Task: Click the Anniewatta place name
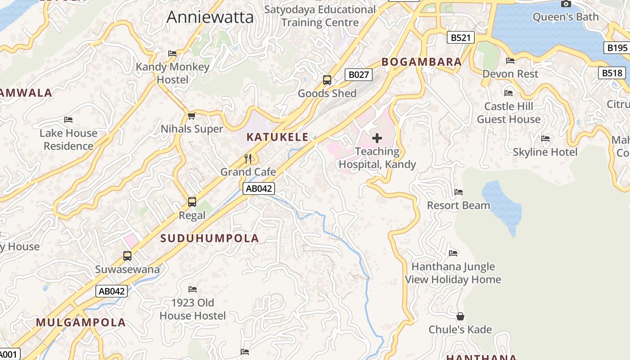point(210,17)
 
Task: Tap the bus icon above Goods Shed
point(327,80)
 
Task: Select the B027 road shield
point(359,75)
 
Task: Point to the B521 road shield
point(461,37)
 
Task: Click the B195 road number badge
point(616,48)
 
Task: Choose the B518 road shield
point(612,73)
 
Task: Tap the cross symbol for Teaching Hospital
point(377,138)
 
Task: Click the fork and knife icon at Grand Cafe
point(248,158)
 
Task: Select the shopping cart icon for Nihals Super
point(192,116)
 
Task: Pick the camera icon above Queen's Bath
point(566,4)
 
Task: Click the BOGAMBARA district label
point(422,62)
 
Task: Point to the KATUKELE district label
point(278,137)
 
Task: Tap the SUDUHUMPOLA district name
point(210,238)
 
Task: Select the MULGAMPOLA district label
point(81,323)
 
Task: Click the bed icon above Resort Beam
point(459,192)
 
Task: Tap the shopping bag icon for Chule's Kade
point(460,316)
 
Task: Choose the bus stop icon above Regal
point(192,202)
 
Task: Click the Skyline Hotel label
point(545,152)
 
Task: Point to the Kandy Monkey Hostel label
point(173,73)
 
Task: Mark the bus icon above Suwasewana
point(127,256)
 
